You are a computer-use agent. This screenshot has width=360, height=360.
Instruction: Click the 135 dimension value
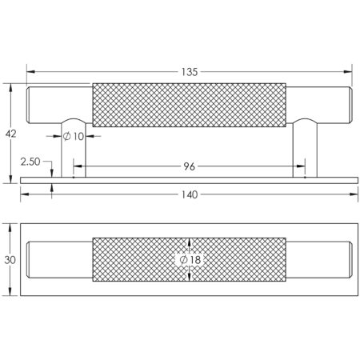tap(189, 73)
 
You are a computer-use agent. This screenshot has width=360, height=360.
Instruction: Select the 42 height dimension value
tap(10, 134)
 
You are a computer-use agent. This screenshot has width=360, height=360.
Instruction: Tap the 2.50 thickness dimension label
tap(30, 162)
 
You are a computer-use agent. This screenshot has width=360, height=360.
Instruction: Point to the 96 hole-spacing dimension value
tap(189, 167)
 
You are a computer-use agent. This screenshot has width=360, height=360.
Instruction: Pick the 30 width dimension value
tap(10, 259)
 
